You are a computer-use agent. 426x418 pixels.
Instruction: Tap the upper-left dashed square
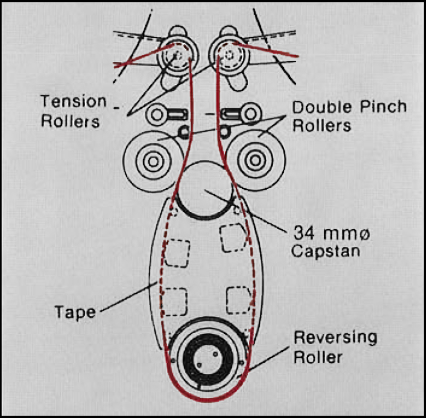[x=177, y=252]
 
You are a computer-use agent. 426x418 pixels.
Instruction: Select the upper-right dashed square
[x=233, y=238]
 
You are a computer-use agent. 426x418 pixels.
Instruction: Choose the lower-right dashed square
[x=237, y=300]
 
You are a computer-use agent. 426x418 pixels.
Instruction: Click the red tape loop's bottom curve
[x=205, y=399]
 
